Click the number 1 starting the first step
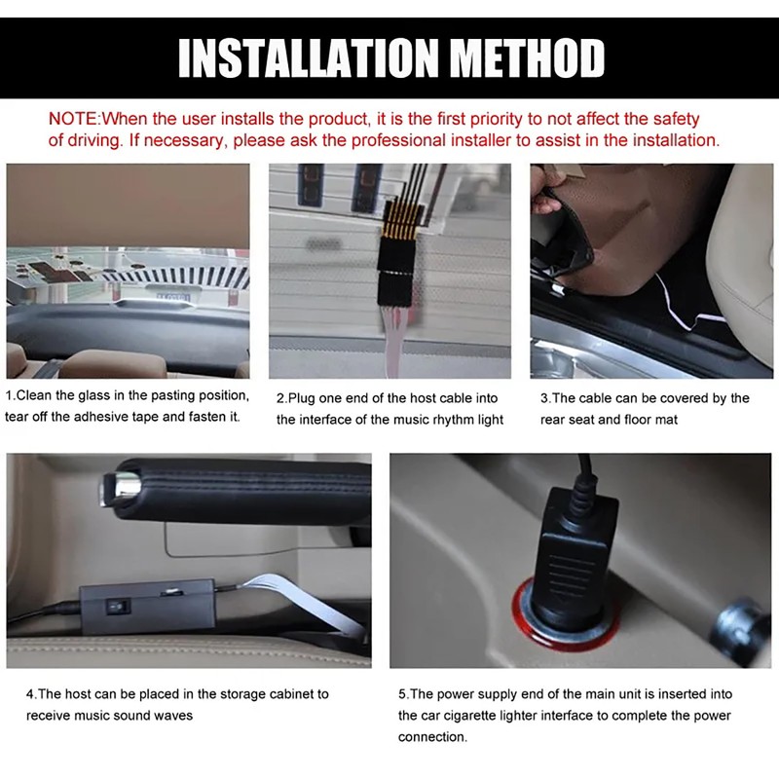(x=10, y=396)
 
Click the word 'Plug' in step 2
(x=306, y=398)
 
